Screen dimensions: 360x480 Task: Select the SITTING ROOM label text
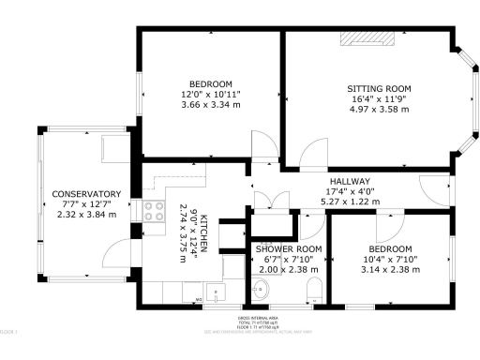379,89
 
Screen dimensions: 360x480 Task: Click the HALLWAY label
350,181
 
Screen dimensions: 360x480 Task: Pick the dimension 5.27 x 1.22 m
350,202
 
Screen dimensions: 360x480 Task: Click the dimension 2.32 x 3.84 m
86,214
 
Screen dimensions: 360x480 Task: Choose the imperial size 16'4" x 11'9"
379,98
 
